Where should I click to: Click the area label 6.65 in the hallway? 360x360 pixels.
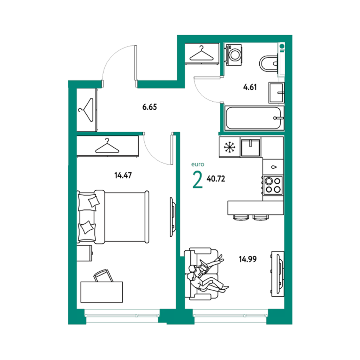tap(150, 107)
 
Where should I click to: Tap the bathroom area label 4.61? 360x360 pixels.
tap(250, 87)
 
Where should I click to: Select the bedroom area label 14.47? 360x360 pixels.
tap(123, 175)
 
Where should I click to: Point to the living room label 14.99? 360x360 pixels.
tap(247, 259)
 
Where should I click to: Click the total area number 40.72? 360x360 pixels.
tap(216, 179)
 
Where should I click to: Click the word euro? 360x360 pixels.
tap(198, 165)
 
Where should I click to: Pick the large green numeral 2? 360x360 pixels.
tap(198, 180)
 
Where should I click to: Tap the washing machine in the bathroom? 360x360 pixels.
tap(234, 55)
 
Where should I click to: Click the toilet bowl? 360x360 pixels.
tap(269, 63)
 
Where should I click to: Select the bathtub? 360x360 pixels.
tap(255, 118)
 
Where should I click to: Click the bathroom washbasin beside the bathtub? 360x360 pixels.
tap(277, 93)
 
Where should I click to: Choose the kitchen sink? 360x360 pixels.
tap(250, 148)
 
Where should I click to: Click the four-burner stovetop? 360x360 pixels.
tap(273, 185)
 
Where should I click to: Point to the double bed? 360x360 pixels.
tap(113, 217)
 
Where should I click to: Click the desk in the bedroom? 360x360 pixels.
tap(101, 292)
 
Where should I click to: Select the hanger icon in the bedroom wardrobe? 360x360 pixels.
tap(107, 146)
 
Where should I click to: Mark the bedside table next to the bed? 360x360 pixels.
tap(84, 253)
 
